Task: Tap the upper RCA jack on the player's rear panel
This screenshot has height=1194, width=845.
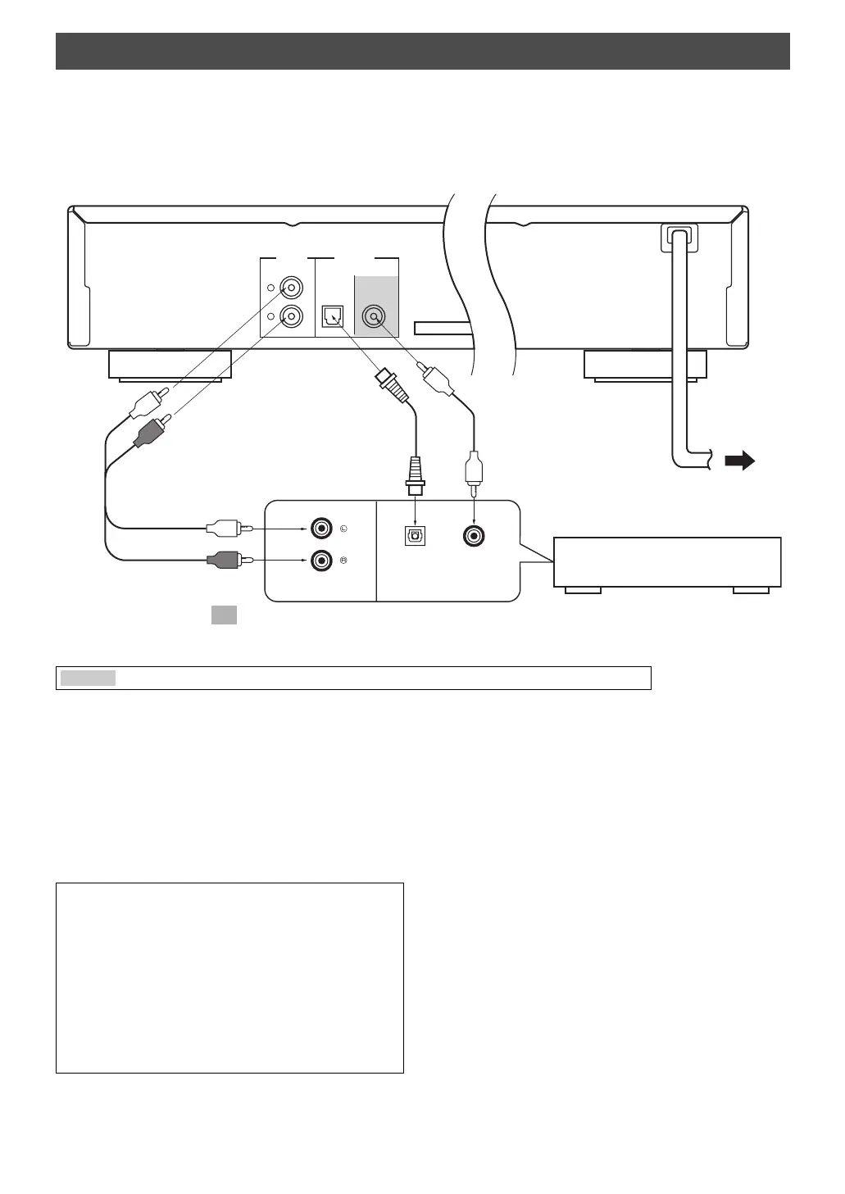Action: coord(291,289)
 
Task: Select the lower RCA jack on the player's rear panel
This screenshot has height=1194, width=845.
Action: coord(291,316)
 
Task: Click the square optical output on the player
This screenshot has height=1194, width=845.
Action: coord(333,316)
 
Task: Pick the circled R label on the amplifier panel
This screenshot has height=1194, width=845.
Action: coord(343,561)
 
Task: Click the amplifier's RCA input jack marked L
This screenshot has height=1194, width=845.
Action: coord(320,529)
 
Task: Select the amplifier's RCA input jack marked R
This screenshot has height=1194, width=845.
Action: coord(320,561)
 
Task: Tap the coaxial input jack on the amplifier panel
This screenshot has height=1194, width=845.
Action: coord(475,536)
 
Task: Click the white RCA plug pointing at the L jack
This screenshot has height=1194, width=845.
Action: coord(223,527)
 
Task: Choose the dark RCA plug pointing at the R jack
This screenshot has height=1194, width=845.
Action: coord(223,560)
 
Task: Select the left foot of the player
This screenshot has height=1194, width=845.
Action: coord(170,365)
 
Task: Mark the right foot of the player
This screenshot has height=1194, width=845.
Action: coord(645,365)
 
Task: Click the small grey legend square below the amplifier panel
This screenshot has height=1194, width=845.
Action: coord(224,615)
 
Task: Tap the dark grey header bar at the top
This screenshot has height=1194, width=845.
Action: coord(422,51)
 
